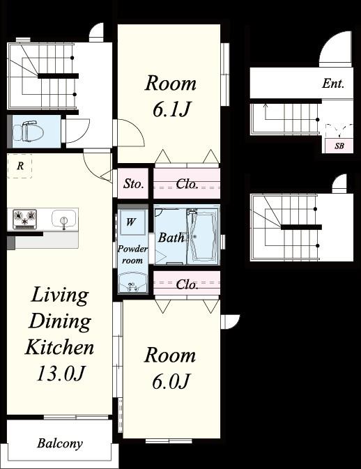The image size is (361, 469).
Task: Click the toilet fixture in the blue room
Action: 25,131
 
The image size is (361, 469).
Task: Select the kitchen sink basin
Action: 63,219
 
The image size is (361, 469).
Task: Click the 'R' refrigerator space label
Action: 20,166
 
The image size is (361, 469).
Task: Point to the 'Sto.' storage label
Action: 133,184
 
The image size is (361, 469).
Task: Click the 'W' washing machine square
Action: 131,222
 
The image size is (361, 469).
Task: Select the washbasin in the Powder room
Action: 132,283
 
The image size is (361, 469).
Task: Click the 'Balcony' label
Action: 60,443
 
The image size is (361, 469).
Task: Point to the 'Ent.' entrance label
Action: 333,84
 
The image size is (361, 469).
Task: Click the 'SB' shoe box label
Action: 339,146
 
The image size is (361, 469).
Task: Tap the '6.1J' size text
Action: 171,110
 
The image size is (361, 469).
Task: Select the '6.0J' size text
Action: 171,381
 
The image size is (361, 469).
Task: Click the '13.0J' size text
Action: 60,374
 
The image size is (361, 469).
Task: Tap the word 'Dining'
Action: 60,321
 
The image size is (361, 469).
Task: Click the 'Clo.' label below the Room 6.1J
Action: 187,184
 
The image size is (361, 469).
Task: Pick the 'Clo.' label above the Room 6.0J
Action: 187,284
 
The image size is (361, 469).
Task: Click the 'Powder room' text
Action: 132,254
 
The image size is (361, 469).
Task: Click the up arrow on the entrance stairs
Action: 265,112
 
